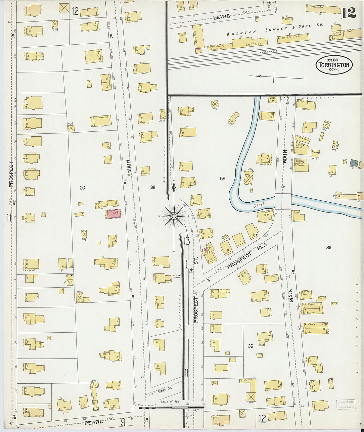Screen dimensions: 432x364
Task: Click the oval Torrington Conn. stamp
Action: pyautogui.click(x=334, y=65)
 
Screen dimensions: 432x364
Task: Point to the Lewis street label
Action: pyautogui.click(x=221, y=17)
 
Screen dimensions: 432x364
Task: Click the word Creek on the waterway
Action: pyautogui.click(x=259, y=206)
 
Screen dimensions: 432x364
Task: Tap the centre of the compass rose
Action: pyautogui.click(x=174, y=216)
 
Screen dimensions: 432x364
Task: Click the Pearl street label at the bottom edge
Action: pyautogui.click(x=92, y=423)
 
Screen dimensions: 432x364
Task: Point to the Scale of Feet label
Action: pyautogui.click(x=171, y=402)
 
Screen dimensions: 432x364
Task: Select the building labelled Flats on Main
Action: pyautogui.click(x=101, y=120)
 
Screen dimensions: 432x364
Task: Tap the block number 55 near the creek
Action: pyautogui.click(x=223, y=179)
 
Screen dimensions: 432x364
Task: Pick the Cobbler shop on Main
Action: pyautogui.click(x=302, y=167)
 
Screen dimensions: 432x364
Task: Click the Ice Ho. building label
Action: pyautogui.click(x=244, y=381)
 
